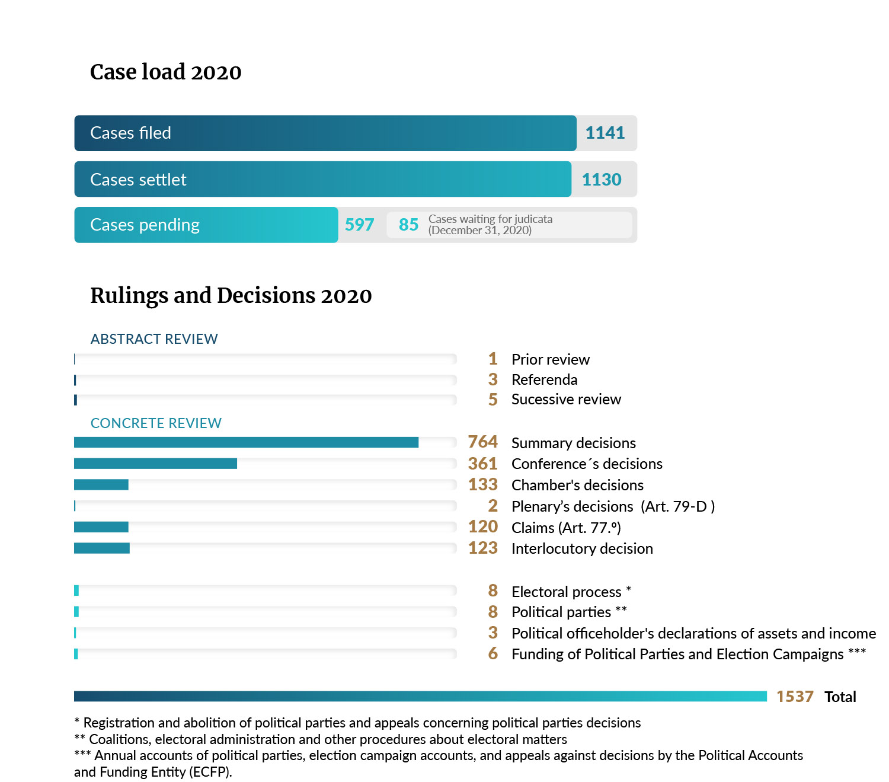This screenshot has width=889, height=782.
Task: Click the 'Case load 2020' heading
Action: [x=165, y=72]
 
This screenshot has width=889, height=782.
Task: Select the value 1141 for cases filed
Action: [x=605, y=133]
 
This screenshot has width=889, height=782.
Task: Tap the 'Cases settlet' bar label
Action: [x=138, y=180]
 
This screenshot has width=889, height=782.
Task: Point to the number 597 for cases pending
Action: [x=359, y=225]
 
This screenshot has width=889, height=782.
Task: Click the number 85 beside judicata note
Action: [x=408, y=225]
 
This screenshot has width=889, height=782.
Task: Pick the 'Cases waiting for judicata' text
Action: [x=490, y=219]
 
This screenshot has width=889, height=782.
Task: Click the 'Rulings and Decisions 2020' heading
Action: [x=231, y=295]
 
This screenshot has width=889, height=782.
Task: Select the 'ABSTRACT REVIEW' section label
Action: [x=154, y=339]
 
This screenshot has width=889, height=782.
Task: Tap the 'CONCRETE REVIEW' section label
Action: [x=156, y=423]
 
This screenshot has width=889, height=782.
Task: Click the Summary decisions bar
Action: [x=246, y=442]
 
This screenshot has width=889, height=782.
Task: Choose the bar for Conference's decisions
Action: [x=155, y=464]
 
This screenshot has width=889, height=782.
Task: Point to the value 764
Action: [x=482, y=442]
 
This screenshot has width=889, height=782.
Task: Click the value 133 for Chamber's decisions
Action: [x=482, y=484]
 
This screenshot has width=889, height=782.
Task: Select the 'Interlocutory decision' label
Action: [x=582, y=548]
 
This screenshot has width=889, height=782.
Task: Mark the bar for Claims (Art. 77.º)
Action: [x=101, y=527]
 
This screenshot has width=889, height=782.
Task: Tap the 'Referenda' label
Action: [x=544, y=379]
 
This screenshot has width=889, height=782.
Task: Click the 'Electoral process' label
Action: [x=566, y=592]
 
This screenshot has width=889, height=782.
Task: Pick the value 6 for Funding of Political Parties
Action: [x=493, y=653]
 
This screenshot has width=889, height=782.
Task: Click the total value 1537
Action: [x=795, y=697]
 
